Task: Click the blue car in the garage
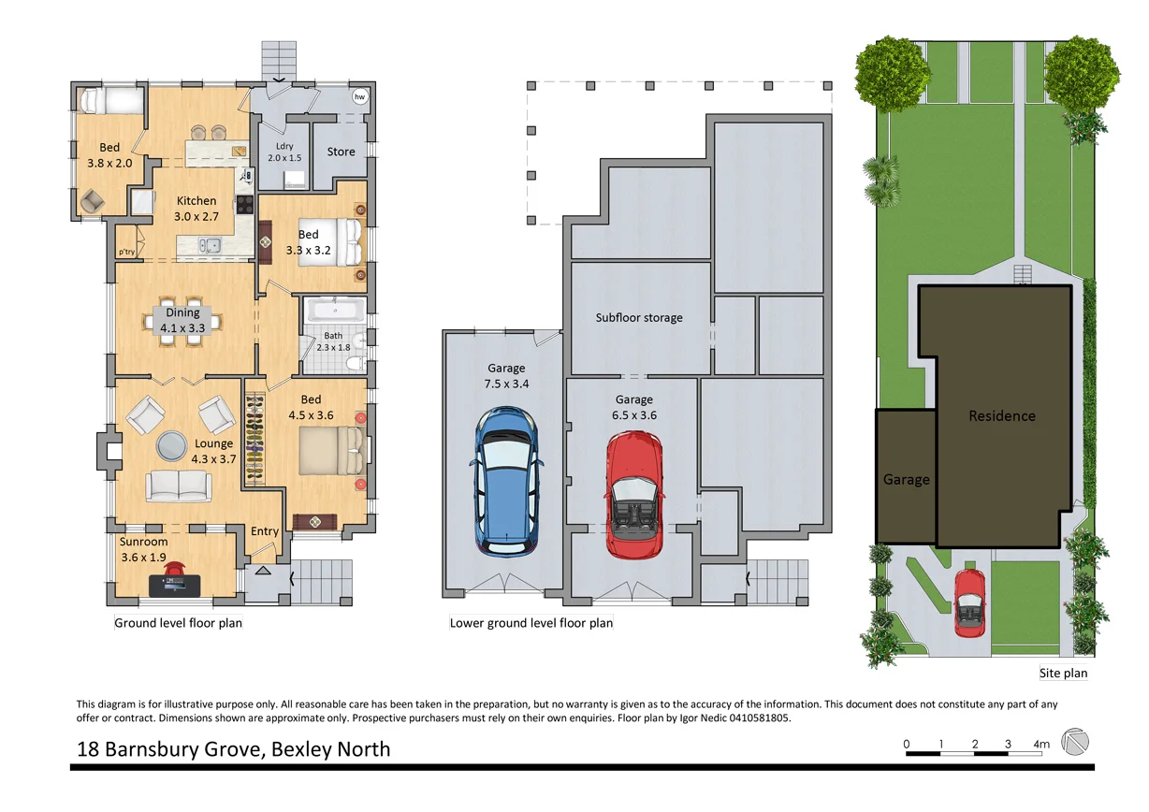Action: coord(505,479)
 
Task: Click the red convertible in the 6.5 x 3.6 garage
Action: coord(634,493)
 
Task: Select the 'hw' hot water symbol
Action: coord(359,96)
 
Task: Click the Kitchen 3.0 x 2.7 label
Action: coord(196,209)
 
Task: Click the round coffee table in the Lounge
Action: coord(171,445)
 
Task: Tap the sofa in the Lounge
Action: coord(178,485)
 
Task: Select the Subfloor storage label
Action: coord(639,318)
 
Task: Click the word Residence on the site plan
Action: coord(1001,416)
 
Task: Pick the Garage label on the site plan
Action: coord(906,480)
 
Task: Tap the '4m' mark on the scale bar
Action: coord(1041,745)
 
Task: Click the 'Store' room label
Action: coord(341,152)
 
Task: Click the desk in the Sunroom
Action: coord(174,586)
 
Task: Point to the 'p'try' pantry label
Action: coord(125,252)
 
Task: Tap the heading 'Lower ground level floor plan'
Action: coord(531,623)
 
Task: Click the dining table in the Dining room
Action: coord(182,320)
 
